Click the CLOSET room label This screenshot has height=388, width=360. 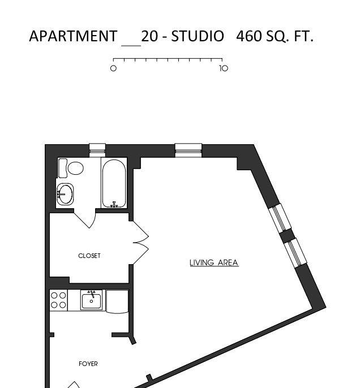pos(89,256)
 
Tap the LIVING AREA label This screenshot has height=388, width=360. pos(214,262)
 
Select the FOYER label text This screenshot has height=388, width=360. pos(88,364)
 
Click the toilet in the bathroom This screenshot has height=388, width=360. pos(71,168)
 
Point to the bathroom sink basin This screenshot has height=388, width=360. pos(65,194)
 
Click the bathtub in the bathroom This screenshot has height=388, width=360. pos(114,183)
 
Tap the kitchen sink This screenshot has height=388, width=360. pos(91,300)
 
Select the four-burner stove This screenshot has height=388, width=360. pos(58,300)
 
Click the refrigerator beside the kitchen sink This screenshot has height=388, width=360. pos(117,301)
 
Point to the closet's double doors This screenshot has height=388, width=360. pos(141,243)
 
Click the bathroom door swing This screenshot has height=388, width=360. pos(85,218)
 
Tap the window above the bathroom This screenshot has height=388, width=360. pos(97,150)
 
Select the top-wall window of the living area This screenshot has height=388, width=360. pos(188,150)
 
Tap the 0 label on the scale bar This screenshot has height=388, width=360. pos(113,68)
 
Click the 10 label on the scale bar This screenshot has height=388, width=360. pos(224,68)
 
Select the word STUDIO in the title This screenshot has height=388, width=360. pos(198,36)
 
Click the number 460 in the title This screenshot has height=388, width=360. pos(249,36)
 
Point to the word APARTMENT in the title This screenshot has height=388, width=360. pos(73,36)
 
